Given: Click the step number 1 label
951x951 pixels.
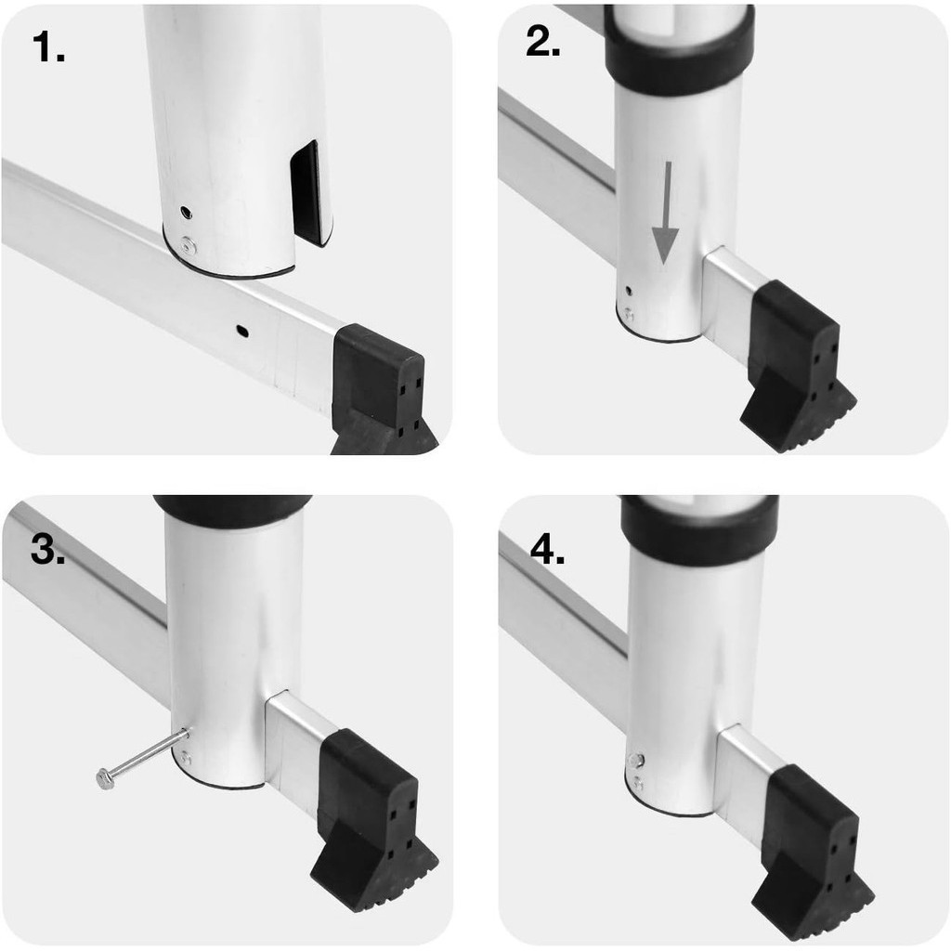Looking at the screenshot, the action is [48, 46].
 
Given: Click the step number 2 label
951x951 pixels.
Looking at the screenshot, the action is [542, 42].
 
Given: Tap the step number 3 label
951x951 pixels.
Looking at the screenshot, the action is [48, 549].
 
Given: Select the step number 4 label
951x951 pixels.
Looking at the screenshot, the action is [547, 550].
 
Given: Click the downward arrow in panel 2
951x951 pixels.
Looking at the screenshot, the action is [665, 213].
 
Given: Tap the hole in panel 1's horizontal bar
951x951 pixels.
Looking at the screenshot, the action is [242, 331].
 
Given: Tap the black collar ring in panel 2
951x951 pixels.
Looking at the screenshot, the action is [679, 52].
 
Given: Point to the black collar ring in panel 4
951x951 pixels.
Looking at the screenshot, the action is [699, 528].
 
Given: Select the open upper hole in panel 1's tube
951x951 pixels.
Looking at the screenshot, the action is [186, 213].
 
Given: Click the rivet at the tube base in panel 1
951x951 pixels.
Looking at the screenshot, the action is [189, 245].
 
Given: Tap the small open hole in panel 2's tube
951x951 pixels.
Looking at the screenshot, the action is [629, 292].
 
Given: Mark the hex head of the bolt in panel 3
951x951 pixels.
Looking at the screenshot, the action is [104, 779].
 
